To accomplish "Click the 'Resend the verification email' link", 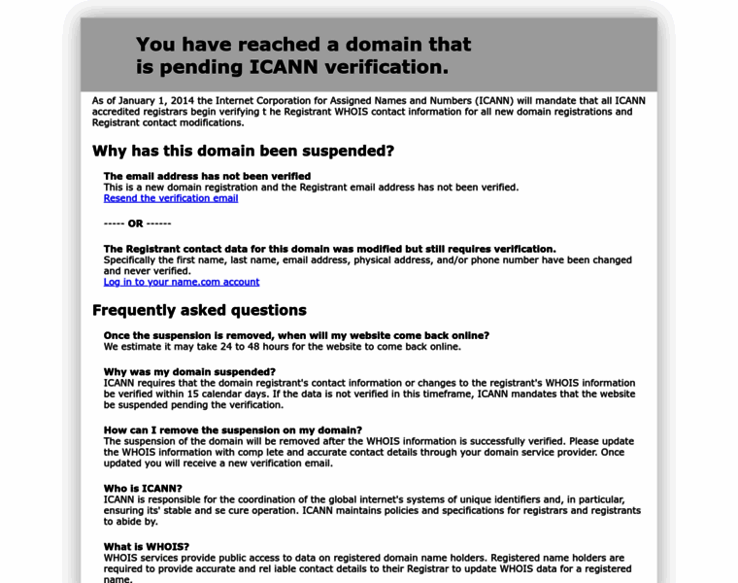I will [x=171, y=198].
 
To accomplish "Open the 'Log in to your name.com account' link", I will [x=182, y=282].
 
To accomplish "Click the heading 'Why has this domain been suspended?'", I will [x=243, y=151].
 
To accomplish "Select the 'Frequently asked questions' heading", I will [x=199, y=310].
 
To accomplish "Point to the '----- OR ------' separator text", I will [x=137, y=223].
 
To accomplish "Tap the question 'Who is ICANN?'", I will [x=143, y=489].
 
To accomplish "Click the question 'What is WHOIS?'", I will [x=147, y=547].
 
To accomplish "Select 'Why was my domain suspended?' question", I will [x=189, y=372].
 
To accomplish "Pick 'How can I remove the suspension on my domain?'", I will [x=233, y=430].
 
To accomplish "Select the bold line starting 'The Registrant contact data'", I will [x=329, y=249].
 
